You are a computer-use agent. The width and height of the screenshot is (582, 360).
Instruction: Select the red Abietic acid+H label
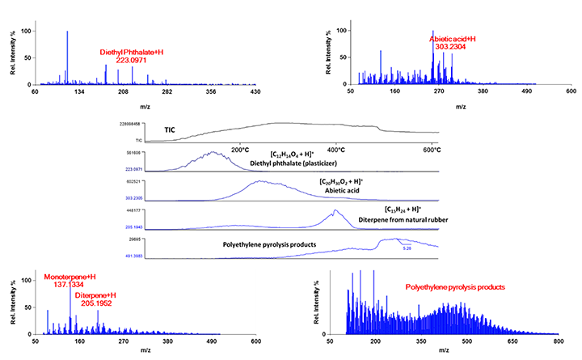pyautogui.click(x=453, y=38)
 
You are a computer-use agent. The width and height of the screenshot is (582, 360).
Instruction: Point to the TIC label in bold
pyautogui.click(x=170, y=129)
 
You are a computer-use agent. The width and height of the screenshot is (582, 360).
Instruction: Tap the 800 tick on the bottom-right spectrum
pyautogui.click(x=558, y=342)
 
